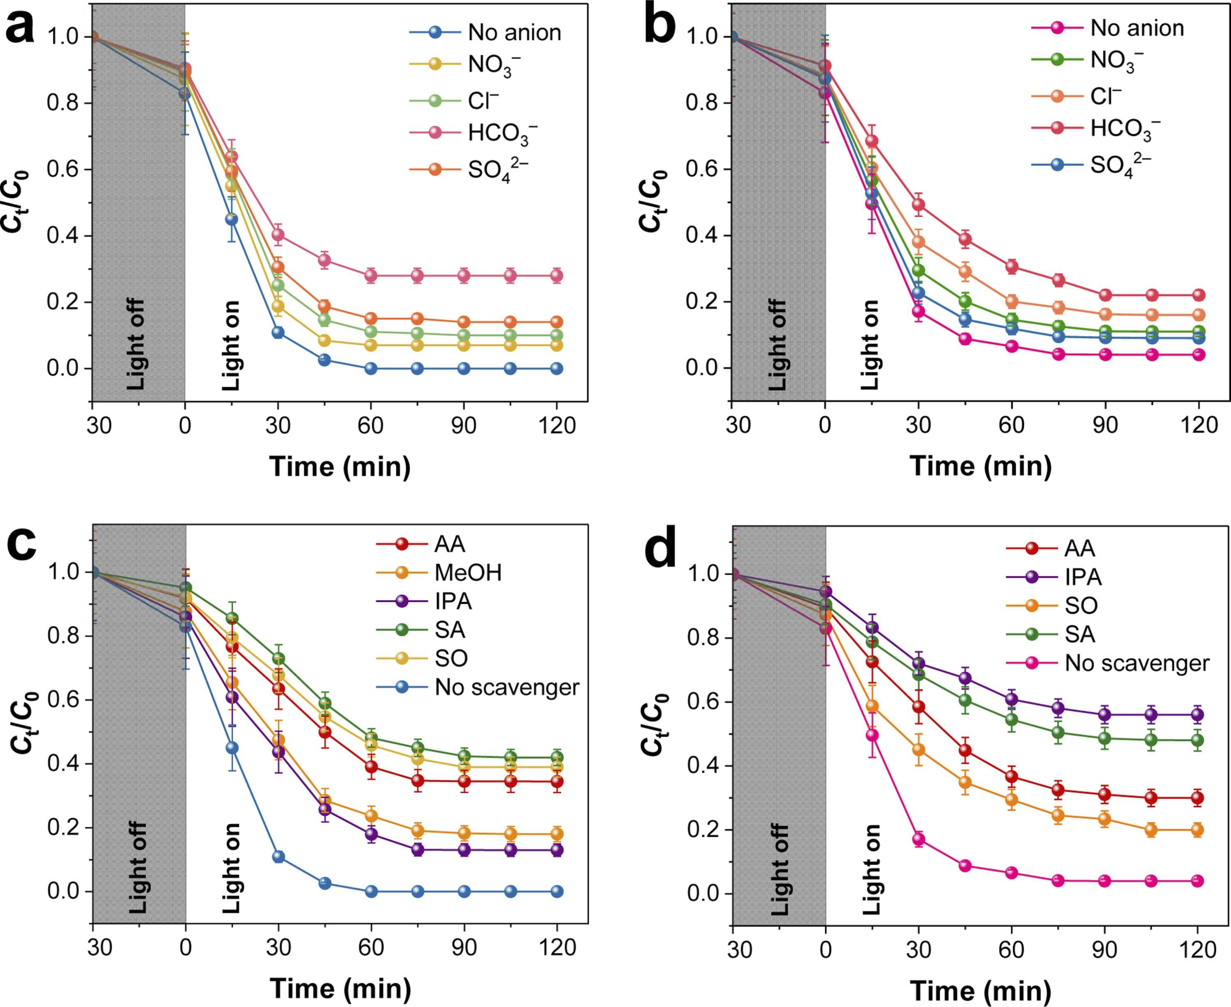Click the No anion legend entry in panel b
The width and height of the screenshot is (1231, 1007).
1136,28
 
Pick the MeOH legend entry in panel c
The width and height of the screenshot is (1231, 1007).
468,573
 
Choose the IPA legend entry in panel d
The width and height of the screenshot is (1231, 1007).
1083,577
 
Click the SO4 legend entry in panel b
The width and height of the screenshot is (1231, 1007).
1120,166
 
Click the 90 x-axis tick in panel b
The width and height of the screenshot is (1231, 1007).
1105,425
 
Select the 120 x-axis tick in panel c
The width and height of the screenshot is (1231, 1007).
557,947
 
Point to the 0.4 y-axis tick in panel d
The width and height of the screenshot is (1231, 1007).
705,766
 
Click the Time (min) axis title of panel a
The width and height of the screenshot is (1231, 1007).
340,466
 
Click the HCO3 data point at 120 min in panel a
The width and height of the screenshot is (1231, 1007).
557,276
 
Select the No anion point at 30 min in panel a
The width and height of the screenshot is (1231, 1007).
278,332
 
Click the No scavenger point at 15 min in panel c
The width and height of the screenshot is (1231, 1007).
231,748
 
